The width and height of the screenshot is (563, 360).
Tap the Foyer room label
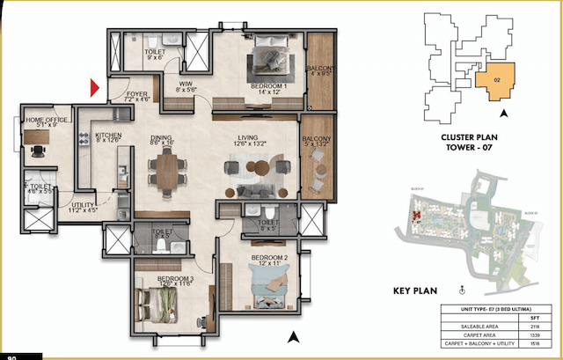(x=136, y=93)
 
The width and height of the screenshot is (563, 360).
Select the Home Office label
(x=47, y=121)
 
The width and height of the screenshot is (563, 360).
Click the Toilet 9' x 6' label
(x=156, y=55)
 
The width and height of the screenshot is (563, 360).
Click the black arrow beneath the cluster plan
(x=502, y=113)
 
